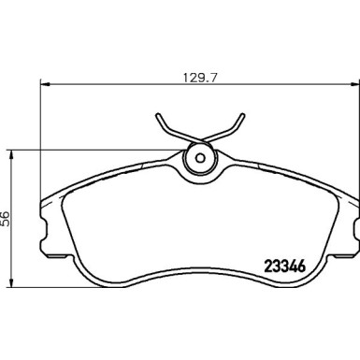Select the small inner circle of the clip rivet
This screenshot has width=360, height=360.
tap(198, 156)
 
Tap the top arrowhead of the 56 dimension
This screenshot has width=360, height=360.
tap(11, 152)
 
